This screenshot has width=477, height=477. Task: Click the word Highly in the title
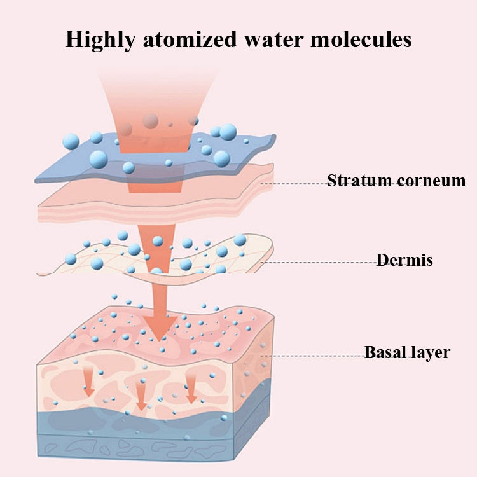click(100, 40)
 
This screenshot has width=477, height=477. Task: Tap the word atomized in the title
click(190, 39)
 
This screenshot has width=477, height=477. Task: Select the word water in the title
click(273, 40)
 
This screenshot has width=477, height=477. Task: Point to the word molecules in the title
click(361, 39)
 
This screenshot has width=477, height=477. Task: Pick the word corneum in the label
click(431, 181)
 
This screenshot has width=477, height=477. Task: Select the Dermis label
click(404, 260)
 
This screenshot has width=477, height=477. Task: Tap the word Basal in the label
click(385, 352)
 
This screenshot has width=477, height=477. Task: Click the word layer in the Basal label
click(430, 353)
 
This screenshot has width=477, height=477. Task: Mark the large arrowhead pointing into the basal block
click(160, 329)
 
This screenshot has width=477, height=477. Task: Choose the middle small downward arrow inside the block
click(141, 396)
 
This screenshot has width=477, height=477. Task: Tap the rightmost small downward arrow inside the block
click(191, 389)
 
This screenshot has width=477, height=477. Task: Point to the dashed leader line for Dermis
click(319, 262)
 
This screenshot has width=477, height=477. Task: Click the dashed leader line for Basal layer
click(313, 356)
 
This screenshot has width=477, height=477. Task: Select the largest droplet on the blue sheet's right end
click(228, 132)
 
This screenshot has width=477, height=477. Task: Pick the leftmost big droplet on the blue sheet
click(71, 141)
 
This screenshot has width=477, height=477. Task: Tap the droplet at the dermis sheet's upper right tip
click(240, 240)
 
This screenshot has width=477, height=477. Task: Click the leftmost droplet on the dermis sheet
click(71, 259)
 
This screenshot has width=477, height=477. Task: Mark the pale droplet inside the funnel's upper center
click(151, 121)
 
